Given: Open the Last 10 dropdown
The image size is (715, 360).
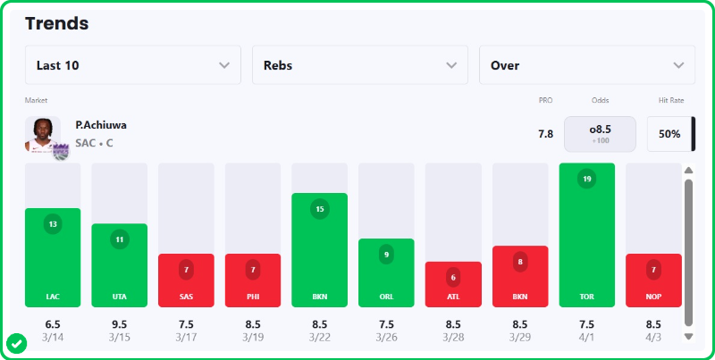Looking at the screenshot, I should point(133,65).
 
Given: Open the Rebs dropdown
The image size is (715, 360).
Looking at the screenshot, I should point(360,65).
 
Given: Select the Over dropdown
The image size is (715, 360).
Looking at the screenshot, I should point(587,65).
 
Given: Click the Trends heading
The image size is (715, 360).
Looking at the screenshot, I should point(57,23).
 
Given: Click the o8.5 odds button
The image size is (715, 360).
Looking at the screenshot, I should point(600,134).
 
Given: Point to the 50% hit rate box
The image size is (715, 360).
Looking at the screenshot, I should point(669,134).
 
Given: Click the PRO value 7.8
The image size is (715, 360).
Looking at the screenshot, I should point(545,134).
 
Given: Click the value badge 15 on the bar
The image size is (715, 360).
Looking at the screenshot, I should point(320,209).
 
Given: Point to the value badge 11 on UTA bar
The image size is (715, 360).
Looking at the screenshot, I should point(120,239).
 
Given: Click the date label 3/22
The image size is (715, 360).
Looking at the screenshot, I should point(320,337).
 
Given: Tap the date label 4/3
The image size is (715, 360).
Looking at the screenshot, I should point(652,337).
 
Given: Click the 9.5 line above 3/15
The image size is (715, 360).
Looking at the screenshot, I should point(120,323).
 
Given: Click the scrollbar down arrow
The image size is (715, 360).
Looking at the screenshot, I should point(688,337).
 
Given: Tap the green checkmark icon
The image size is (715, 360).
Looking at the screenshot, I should point(16,342).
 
